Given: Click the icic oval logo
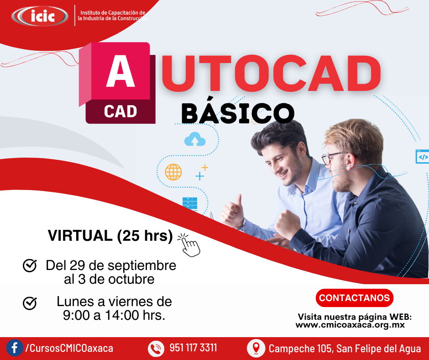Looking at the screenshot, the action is tap(40, 16).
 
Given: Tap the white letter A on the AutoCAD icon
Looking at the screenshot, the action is tap(120, 71).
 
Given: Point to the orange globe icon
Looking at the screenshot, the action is tap(173, 172).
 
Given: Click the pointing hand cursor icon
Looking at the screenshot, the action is tap(189, 245).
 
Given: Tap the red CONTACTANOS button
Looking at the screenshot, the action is tap(354, 298).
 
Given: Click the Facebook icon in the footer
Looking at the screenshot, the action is tap(15, 348).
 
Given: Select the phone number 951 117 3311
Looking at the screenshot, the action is tap(193, 348).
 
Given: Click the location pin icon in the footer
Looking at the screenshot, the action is tap(256, 348).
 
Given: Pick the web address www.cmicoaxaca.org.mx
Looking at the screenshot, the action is tap(350, 325).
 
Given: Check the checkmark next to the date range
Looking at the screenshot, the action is tap(30, 265).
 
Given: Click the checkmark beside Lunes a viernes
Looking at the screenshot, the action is tap(30, 303).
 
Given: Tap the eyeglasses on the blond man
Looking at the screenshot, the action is tap(332, 157).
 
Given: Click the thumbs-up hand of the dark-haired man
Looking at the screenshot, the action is tap(232, 211).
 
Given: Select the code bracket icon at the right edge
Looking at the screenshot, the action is tap(423, 157).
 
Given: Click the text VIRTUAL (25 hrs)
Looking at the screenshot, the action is tap(110, 236).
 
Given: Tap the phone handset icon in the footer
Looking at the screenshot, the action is tap(156, 349).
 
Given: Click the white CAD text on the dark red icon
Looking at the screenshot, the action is tap(120, 111).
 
